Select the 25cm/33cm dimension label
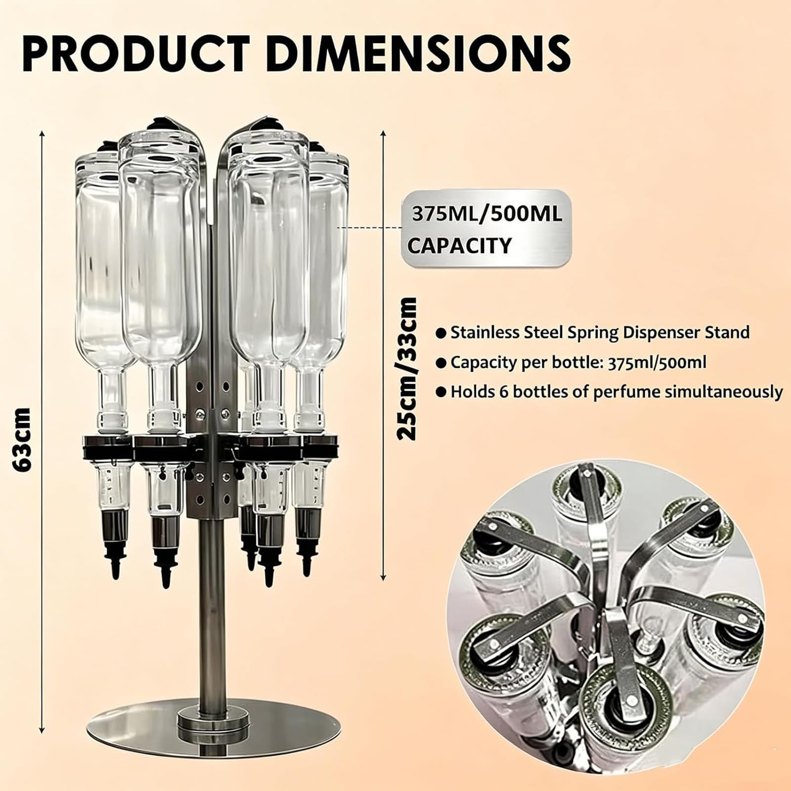click(x=408, y=369)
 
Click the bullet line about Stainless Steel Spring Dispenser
click(x=593, y=332)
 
